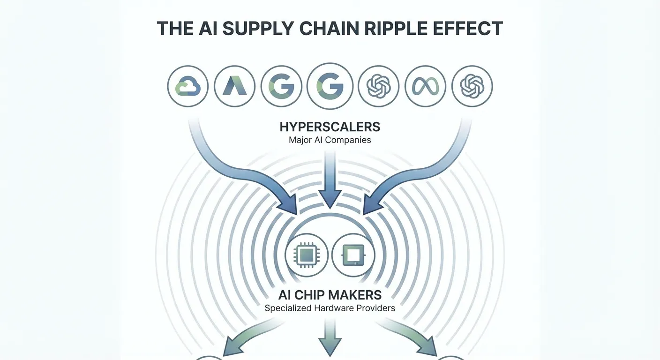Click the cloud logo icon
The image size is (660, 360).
pos(187,86)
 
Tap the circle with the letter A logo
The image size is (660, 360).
pos(234,86)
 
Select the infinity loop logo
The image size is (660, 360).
pos(425,86)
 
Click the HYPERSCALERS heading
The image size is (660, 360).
pos(330,127)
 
